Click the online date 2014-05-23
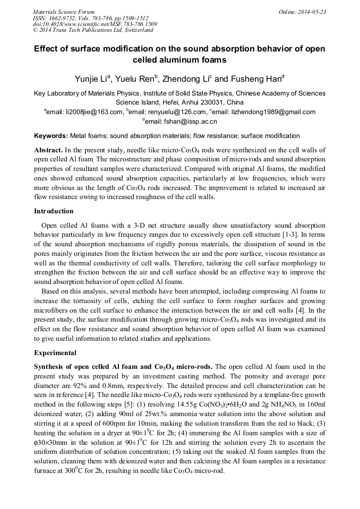pyautogui.click(x=312, y=12)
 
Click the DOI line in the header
pyautogui.click(x=95, y=24)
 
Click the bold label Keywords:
pyautogui.click(x=51, y=136)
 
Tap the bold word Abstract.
pyautogui.click(x=49, y=150)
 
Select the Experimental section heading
pyautogui.click(x=55, y=353)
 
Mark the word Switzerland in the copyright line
pyautogui.click(x=136, y=30)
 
